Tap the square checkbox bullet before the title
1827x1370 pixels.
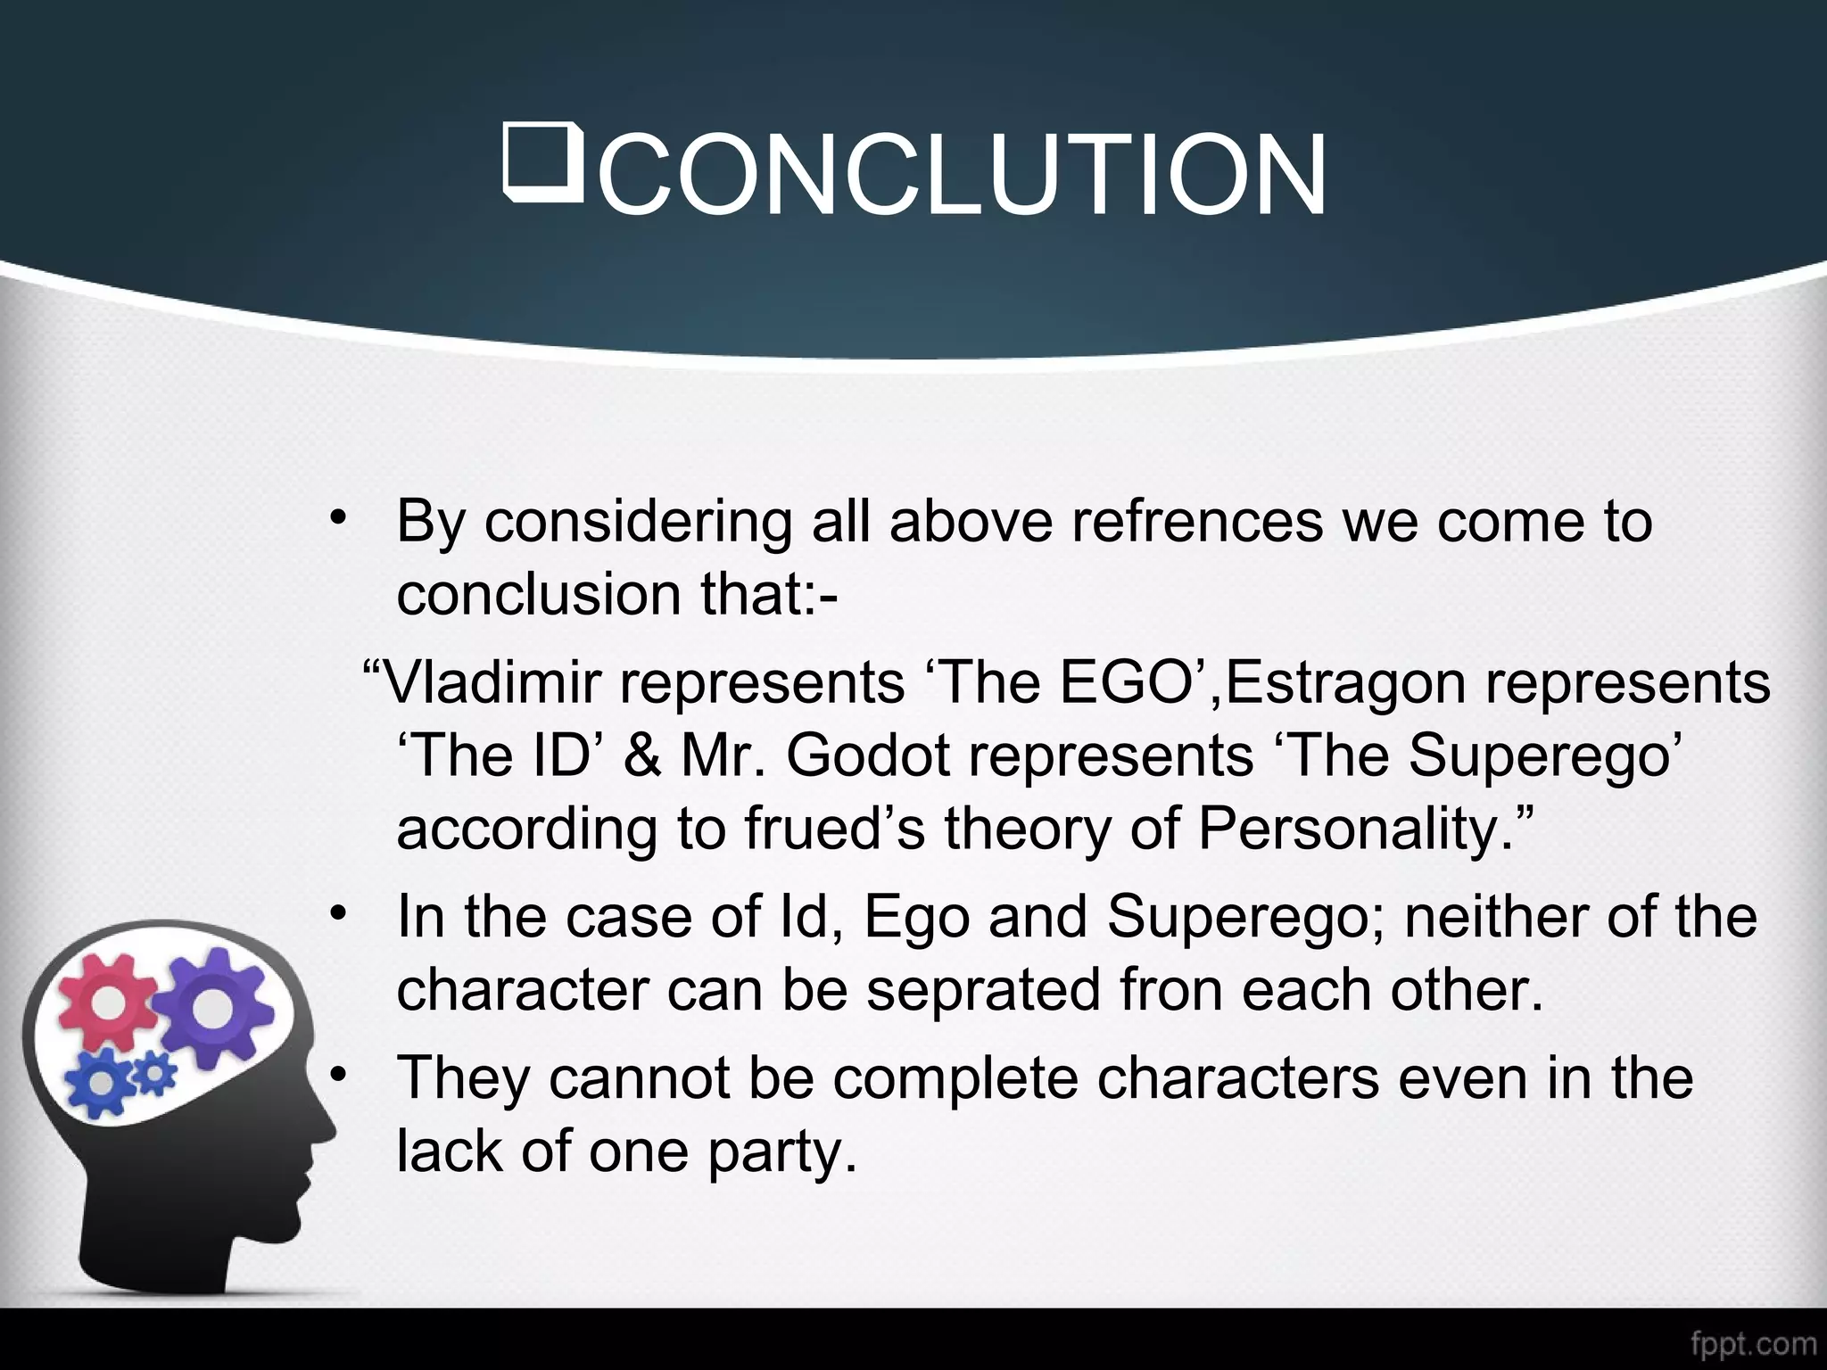click(x=543, y=162)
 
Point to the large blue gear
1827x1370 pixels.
click(x=103, y=1082)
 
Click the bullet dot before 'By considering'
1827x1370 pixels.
click(x=336, y=519)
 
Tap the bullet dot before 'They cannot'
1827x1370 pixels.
click(x=336, y=1076)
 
